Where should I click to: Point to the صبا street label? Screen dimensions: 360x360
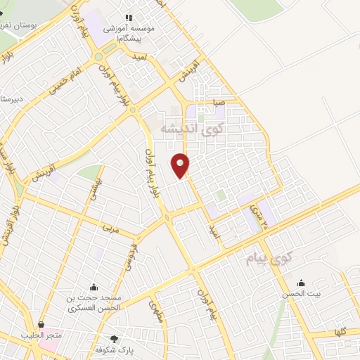point(220,101)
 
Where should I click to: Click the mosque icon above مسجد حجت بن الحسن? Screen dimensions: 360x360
point(94,287)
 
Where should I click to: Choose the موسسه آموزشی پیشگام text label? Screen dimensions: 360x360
point(127,32)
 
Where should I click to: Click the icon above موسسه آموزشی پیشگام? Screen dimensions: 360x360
point(128,18)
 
